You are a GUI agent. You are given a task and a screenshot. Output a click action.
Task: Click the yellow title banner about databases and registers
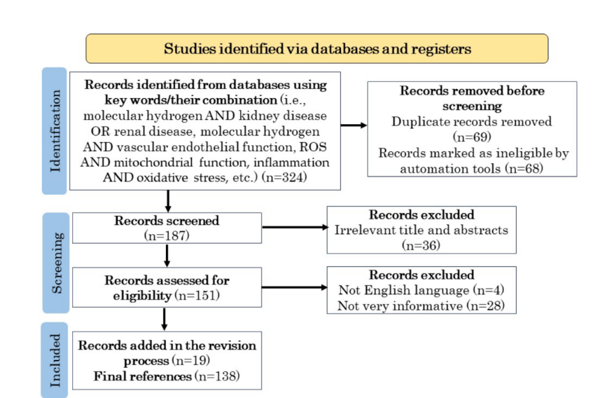[317, 48]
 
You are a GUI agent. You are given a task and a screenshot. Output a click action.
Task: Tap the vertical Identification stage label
[55, 131]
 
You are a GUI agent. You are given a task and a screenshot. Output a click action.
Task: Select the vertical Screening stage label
[56, 263]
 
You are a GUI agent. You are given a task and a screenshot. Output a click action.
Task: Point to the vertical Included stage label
[55, 360]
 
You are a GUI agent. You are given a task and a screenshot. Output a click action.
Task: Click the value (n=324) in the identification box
[284, 177]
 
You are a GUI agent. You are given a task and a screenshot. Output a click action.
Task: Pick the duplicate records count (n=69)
[472, 137]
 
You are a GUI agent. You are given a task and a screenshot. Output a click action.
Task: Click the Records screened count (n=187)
[167, 235]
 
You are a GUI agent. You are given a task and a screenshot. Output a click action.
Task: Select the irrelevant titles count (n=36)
[421, 245]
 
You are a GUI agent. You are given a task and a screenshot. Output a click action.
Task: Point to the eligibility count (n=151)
[197, 295]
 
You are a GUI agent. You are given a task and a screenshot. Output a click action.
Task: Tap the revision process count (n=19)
[191, 360]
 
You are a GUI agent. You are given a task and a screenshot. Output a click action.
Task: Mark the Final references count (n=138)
[217, 376]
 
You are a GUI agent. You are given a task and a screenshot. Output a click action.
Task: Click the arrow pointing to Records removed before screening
[354, 125]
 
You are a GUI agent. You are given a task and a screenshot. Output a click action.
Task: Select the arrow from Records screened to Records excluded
[295, 227]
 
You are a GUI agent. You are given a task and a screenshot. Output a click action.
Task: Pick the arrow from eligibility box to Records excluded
[295, 287]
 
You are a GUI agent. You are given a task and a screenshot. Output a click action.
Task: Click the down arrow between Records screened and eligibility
[167, 256]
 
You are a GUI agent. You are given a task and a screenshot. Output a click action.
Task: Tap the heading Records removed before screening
[472, 98]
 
